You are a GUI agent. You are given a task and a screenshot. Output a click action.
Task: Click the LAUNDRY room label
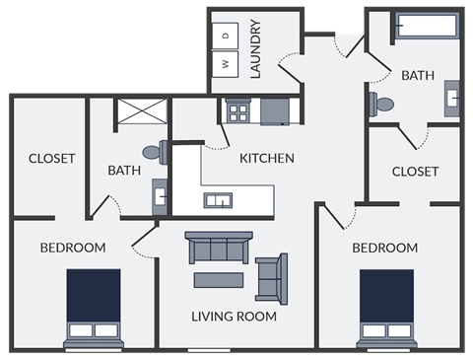(254, 48)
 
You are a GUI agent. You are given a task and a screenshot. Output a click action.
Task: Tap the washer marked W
(226, 63)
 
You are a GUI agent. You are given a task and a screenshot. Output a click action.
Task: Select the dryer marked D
(226, 36)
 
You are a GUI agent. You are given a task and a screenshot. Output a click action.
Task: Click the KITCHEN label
(266, 158)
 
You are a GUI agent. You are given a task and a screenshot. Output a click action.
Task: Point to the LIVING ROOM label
(234, 318)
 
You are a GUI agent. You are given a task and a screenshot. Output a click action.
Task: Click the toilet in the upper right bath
(384, 103)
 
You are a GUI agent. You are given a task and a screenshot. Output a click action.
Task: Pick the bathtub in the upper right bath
(426, 27)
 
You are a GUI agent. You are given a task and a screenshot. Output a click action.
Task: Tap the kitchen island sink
(217, 200)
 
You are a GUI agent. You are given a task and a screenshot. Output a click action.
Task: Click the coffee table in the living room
(222, 279)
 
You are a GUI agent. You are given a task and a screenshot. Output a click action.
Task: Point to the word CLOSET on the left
(51, 159)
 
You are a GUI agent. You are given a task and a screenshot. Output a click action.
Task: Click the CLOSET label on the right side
(415, 172)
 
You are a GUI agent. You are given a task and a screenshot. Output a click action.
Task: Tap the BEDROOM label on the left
(72, 248)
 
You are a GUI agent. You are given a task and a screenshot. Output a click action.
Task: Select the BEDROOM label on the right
(384, 248)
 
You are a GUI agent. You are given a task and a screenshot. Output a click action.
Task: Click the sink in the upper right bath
(452, 98)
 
